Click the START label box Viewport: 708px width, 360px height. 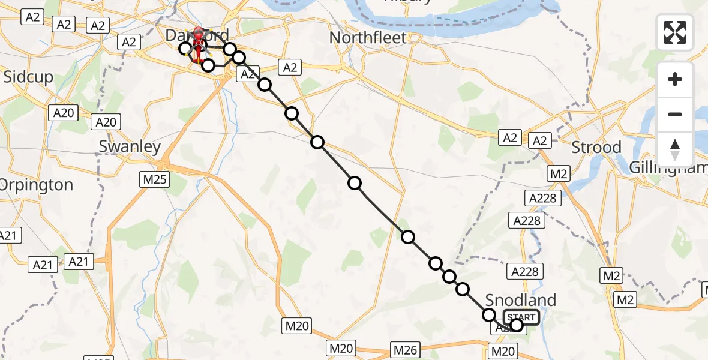pyautogui.click(x=521, y=317)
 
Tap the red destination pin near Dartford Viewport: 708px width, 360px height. pyautogui.click(x=197, y=37)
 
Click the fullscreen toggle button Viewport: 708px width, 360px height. pyautogui.click(x=675, y=32)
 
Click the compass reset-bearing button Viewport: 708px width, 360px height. pyautogui.click(x=675, y=149)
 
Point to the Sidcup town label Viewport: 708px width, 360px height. pyautogui.click(x=28, y=77)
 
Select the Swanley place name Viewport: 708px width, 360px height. pyautogui.click(x=130, y=146)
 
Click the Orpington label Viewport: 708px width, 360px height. pyautogui.click(x=36, y=184)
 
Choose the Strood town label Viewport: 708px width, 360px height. pyautogui.click(x=596, y=147)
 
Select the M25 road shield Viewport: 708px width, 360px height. pyautogui.click(x=155, y=178)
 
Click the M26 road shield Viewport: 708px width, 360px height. pyautogui.click(x=405, y=349)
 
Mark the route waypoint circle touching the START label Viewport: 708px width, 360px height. pyautogui.click(x=517, y=326)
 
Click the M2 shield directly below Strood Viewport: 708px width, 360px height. pyautogui.click(x=559, y=174)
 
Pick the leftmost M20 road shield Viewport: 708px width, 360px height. pyautogui.click(x=297, y=326)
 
